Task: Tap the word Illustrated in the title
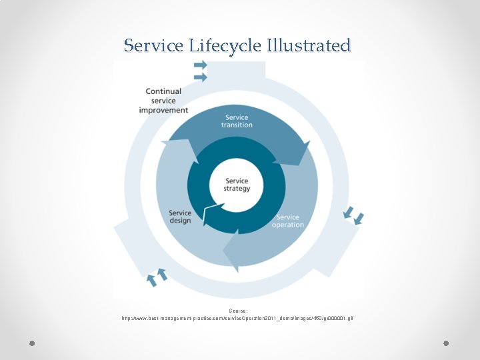pyautogui.click(x=309, y=46)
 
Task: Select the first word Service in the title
pyautogui.click(x=155, y=46)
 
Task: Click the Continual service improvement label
pyautogui.click(x=163, y=101)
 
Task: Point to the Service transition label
pyautogui.click(x=237, y=121)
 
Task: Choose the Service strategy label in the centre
pyautogui.click(x=237, y=185)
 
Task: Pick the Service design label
pyautogui.click(x=180, y=217)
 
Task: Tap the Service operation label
pyautogui.click(x=287, y=221)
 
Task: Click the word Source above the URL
pyautogui.click(x=238, y=311)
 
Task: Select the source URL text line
pyautogui.click(x=238, y=319)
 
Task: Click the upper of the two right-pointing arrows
pyautogui.click(x=200, y=65)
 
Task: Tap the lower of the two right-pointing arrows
pyautogui.click(x=200, y=77)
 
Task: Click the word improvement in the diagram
pyautogui.click(x=163, y=110)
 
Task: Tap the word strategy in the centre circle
pyautogui.click(x=237, y=189)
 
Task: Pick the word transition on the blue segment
pyautogui.click(x=237, y=125)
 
